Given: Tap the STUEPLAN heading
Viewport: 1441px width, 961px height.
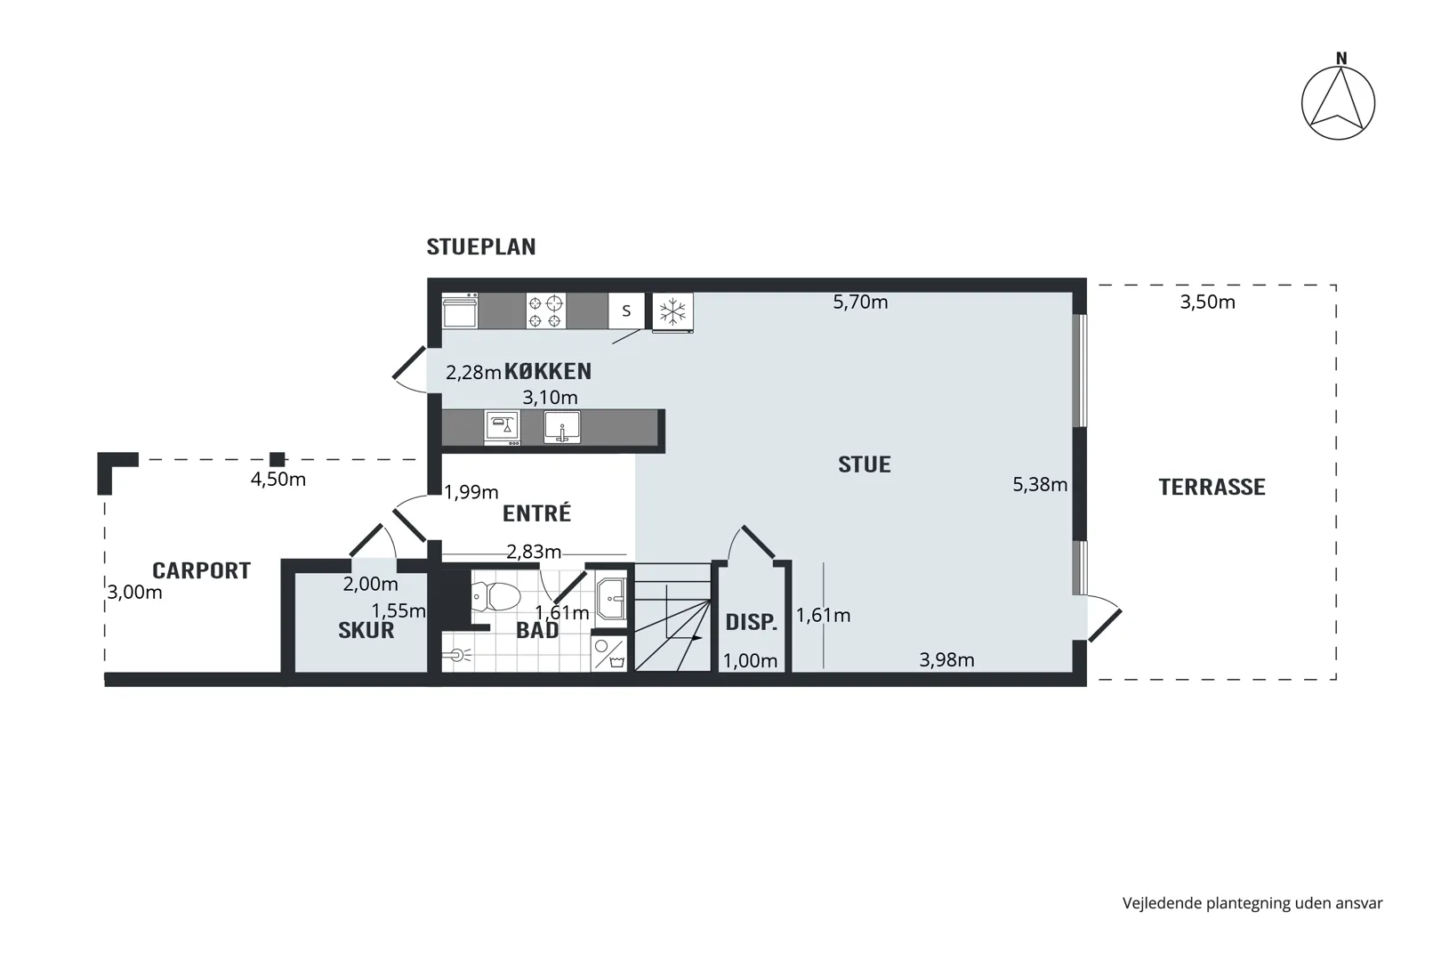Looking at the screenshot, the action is pos(481,247).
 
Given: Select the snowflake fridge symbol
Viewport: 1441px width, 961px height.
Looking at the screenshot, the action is pos(672,312).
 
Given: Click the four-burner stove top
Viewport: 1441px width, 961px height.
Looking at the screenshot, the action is pos(546,311).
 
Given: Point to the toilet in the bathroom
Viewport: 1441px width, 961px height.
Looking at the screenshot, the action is pos(495,597).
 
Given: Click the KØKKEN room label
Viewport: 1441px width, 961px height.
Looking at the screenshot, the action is pos(547,371).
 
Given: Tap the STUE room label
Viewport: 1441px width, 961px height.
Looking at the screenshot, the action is pos(864,464).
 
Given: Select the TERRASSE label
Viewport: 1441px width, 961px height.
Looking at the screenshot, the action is pos(1212,488).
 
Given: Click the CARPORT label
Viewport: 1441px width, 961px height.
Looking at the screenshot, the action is pos(201,571).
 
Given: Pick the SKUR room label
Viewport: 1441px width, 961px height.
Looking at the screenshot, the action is pos(366,631).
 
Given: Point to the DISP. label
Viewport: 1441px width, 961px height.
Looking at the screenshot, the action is pos(752,623).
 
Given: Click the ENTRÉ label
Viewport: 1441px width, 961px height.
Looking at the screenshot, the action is pos(536,513).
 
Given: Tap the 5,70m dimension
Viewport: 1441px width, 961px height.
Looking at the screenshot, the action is pos(861,302).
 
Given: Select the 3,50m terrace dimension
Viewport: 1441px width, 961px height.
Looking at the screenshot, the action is pos(1207,302).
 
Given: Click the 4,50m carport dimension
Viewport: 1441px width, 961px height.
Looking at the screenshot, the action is pos(278,480).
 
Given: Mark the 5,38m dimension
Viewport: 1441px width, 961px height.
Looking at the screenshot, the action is pos(1040,485).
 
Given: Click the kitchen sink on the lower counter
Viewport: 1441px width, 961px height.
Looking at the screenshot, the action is pos(561,427).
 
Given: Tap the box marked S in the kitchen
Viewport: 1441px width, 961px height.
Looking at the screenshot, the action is pos(626,311).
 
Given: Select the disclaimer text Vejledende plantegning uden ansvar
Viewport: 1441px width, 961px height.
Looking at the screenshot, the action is pos(1252,904).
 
